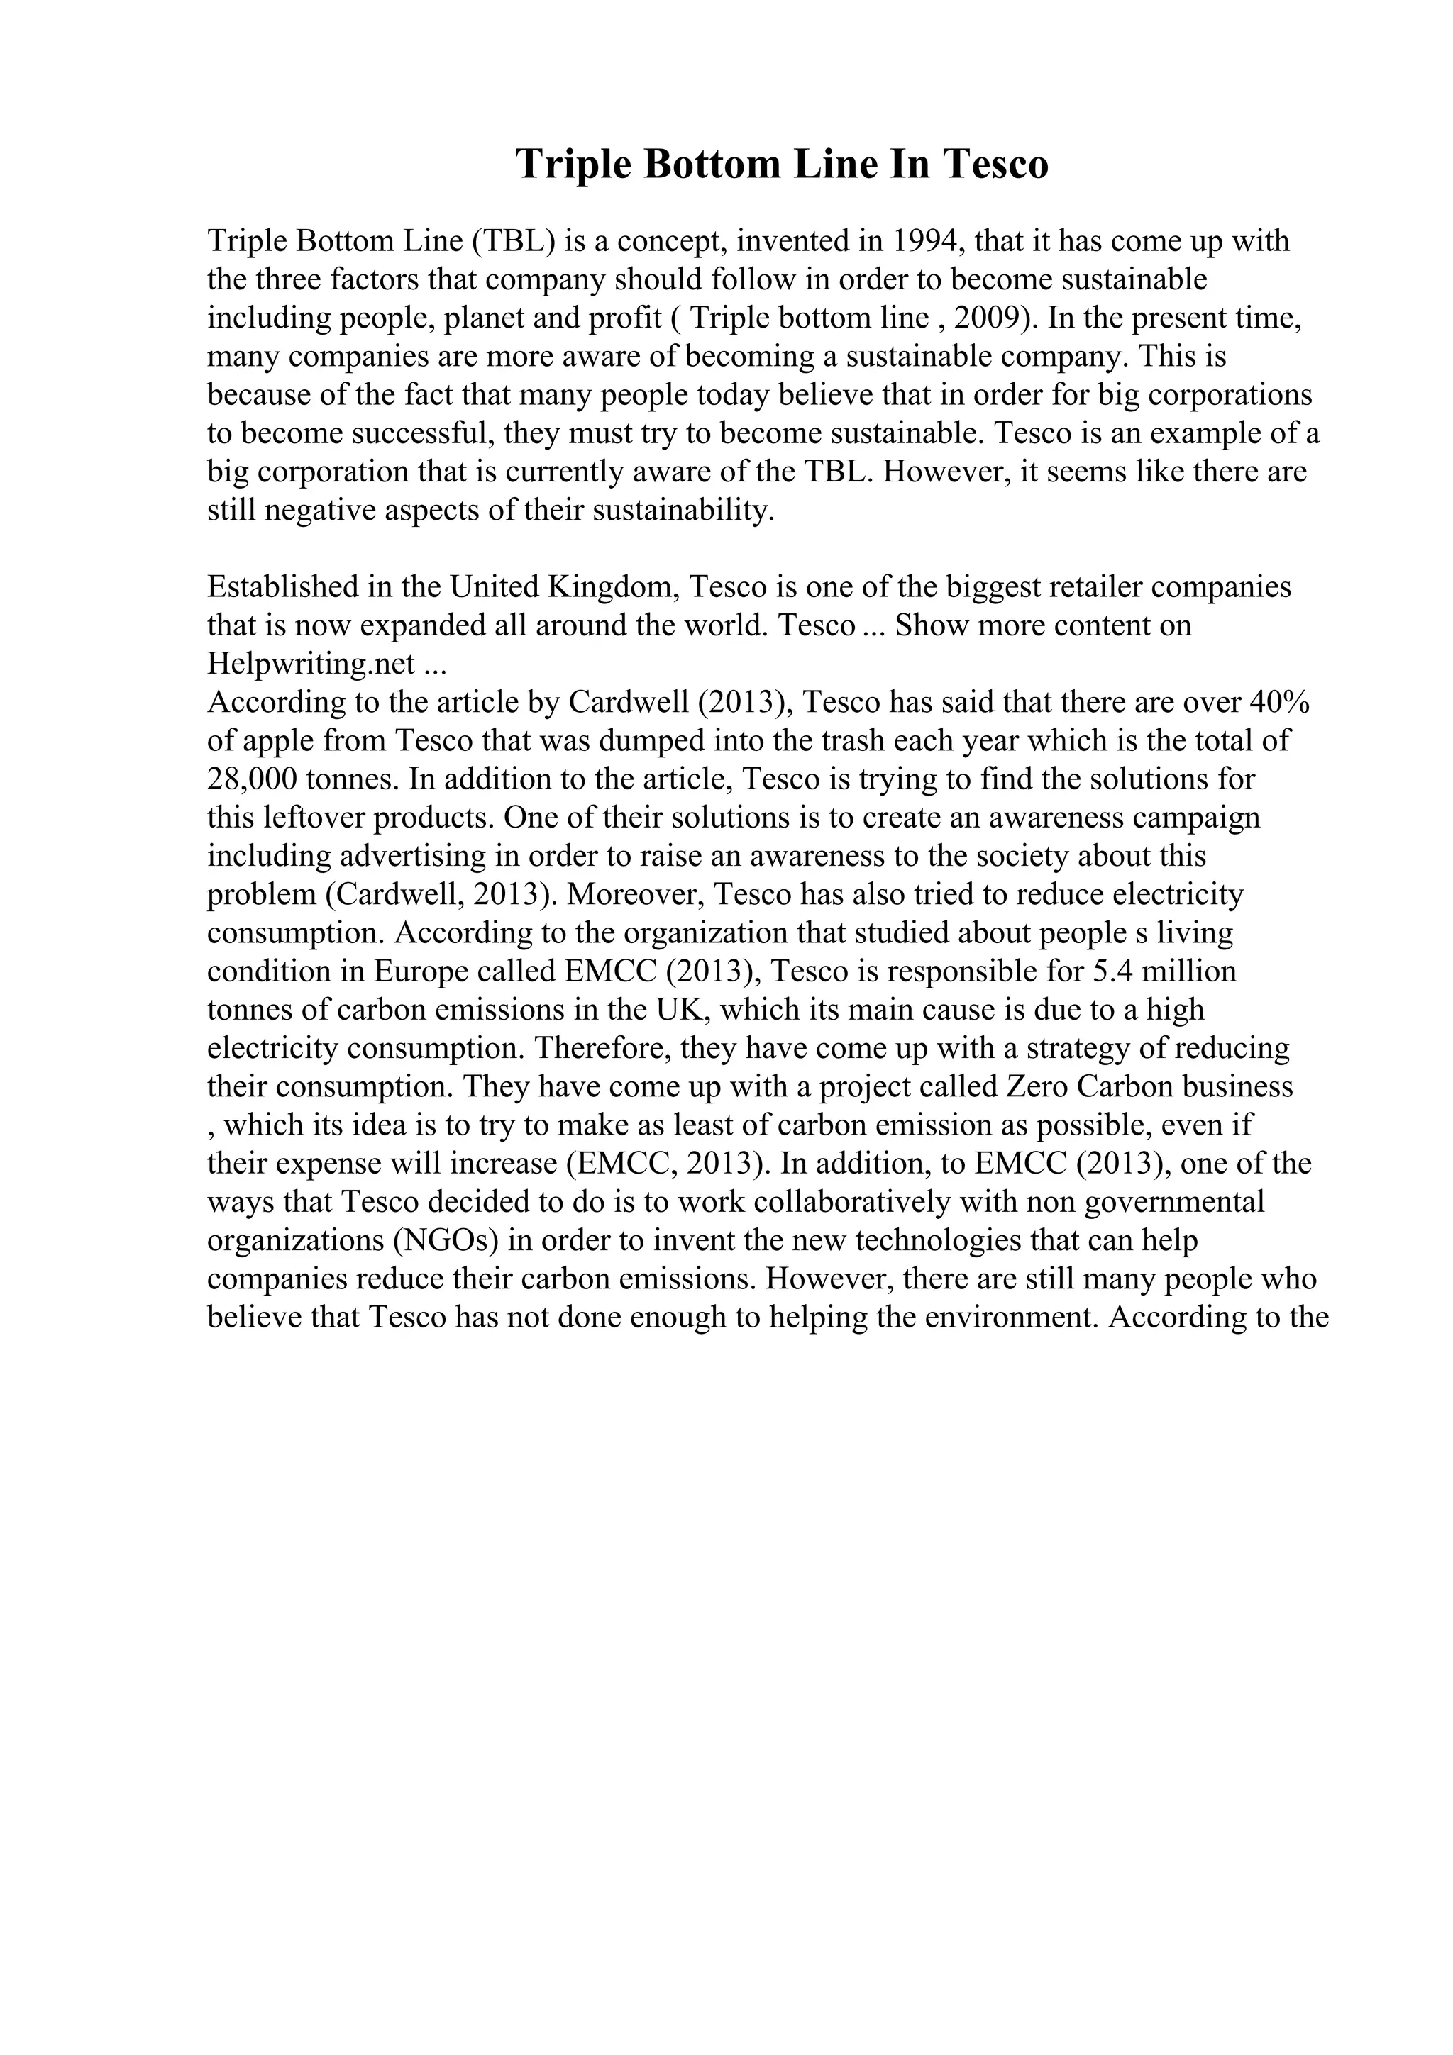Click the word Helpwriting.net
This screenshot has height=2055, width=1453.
coord(311,663)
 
